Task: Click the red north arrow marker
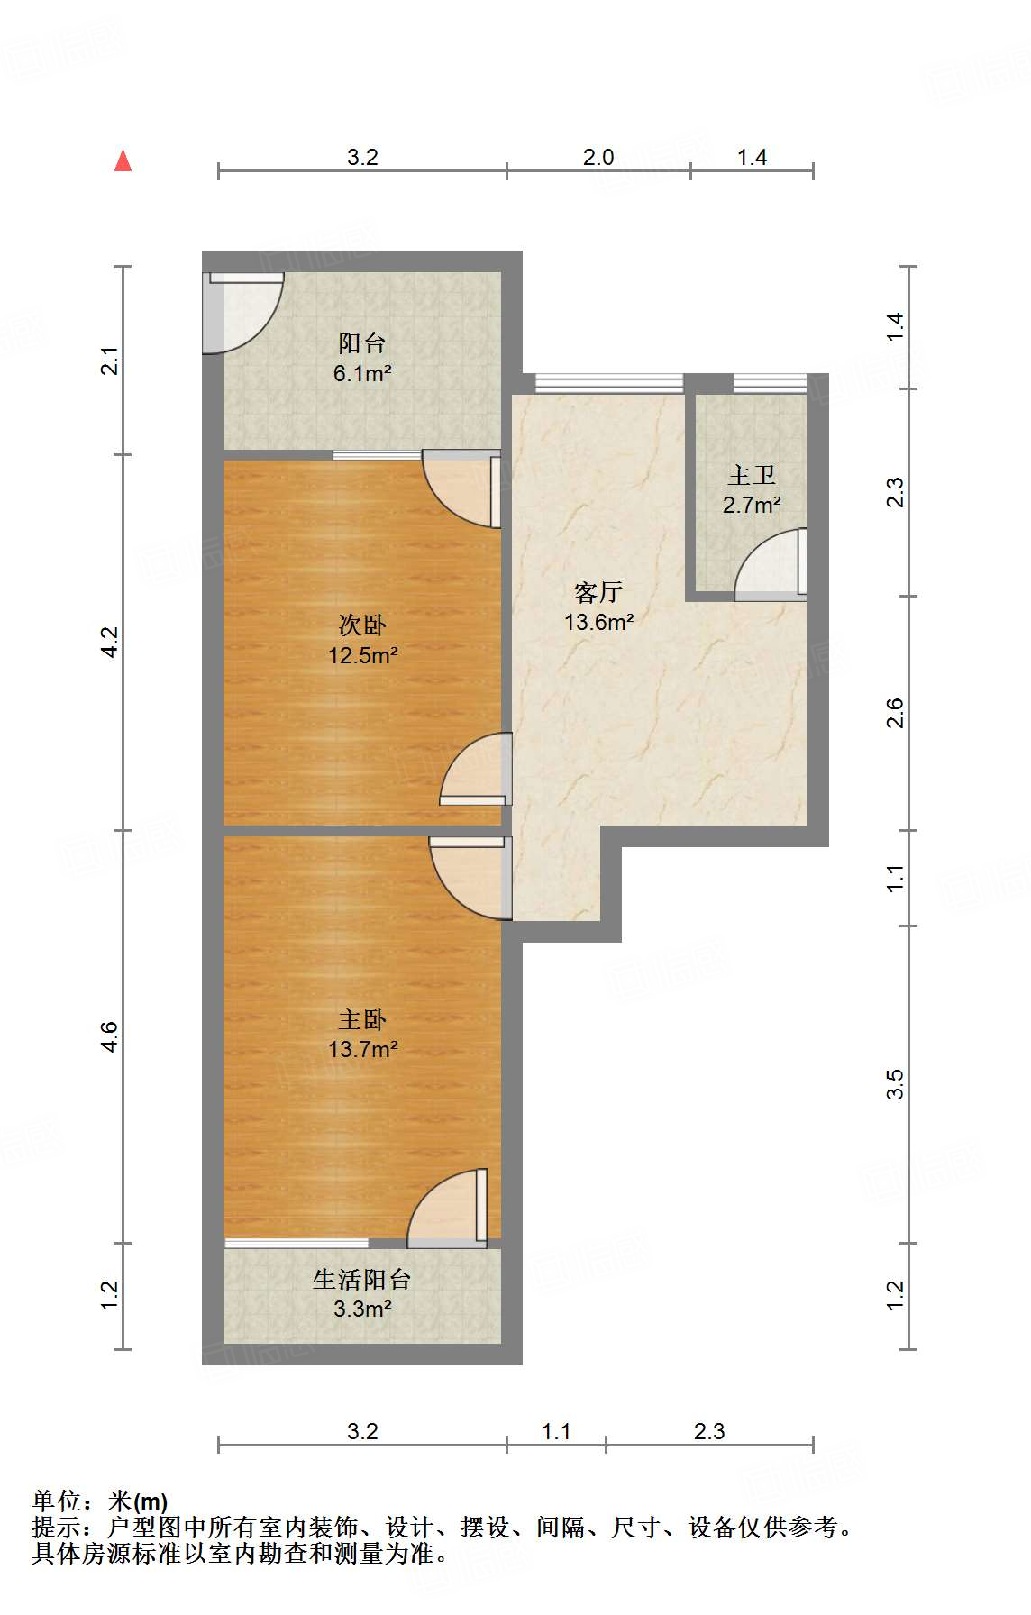coord(123,160)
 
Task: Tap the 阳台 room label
coord(361,342)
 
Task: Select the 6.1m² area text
coord(361,372)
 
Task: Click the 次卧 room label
coord(362,625)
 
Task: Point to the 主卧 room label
coord(362,1019)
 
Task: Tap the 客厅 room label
coord(598,592)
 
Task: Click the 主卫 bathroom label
coord(752,475)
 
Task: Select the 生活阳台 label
coord(361,1279)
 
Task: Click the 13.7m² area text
coord(362,1049)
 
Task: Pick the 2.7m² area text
coord(752,505)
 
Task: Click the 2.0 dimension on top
coord(598,157)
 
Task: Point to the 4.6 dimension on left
coord(109,1036)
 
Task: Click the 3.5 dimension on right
coord(894,1084)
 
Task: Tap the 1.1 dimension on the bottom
coord(555,1431)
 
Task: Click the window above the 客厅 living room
coord(609,383)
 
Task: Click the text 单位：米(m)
coord(100,1501)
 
